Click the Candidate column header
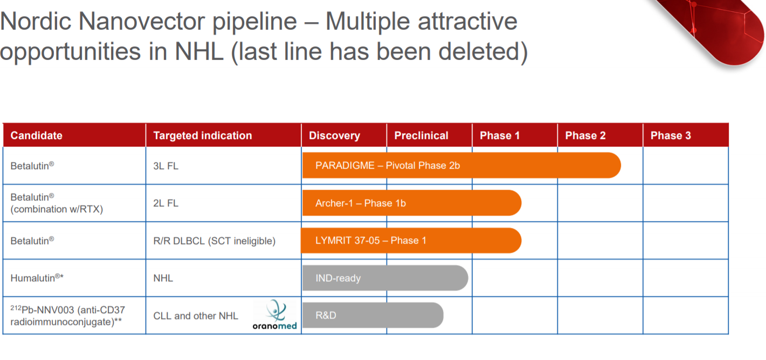click(x=36, y=135)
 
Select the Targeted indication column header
click(x=203, y=135)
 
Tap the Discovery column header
click(x=334, y=135)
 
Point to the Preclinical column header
click(x=421, y=135)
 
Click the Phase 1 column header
click(x=500, y=135)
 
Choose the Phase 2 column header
click(x=585, y=135)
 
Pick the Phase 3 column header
click(x=671, y=135)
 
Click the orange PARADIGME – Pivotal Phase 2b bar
click(x=461, y=165)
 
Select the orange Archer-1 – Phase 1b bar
click(x=412, y=203)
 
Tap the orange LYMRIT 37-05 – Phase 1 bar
click(x=411, y=240)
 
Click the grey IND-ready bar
click(x=385, y=278)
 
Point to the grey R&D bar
click(x=372, y=315)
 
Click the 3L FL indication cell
click(x=165, y=166)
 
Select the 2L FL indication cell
click(x=165, y=203)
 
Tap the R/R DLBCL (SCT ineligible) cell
click(x=214, y=241)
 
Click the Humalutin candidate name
click(x=37, y=278)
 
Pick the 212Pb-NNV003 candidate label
click(x=68, y=316)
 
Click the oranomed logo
click(x=274, y=315)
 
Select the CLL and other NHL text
click(x=196, y=316)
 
